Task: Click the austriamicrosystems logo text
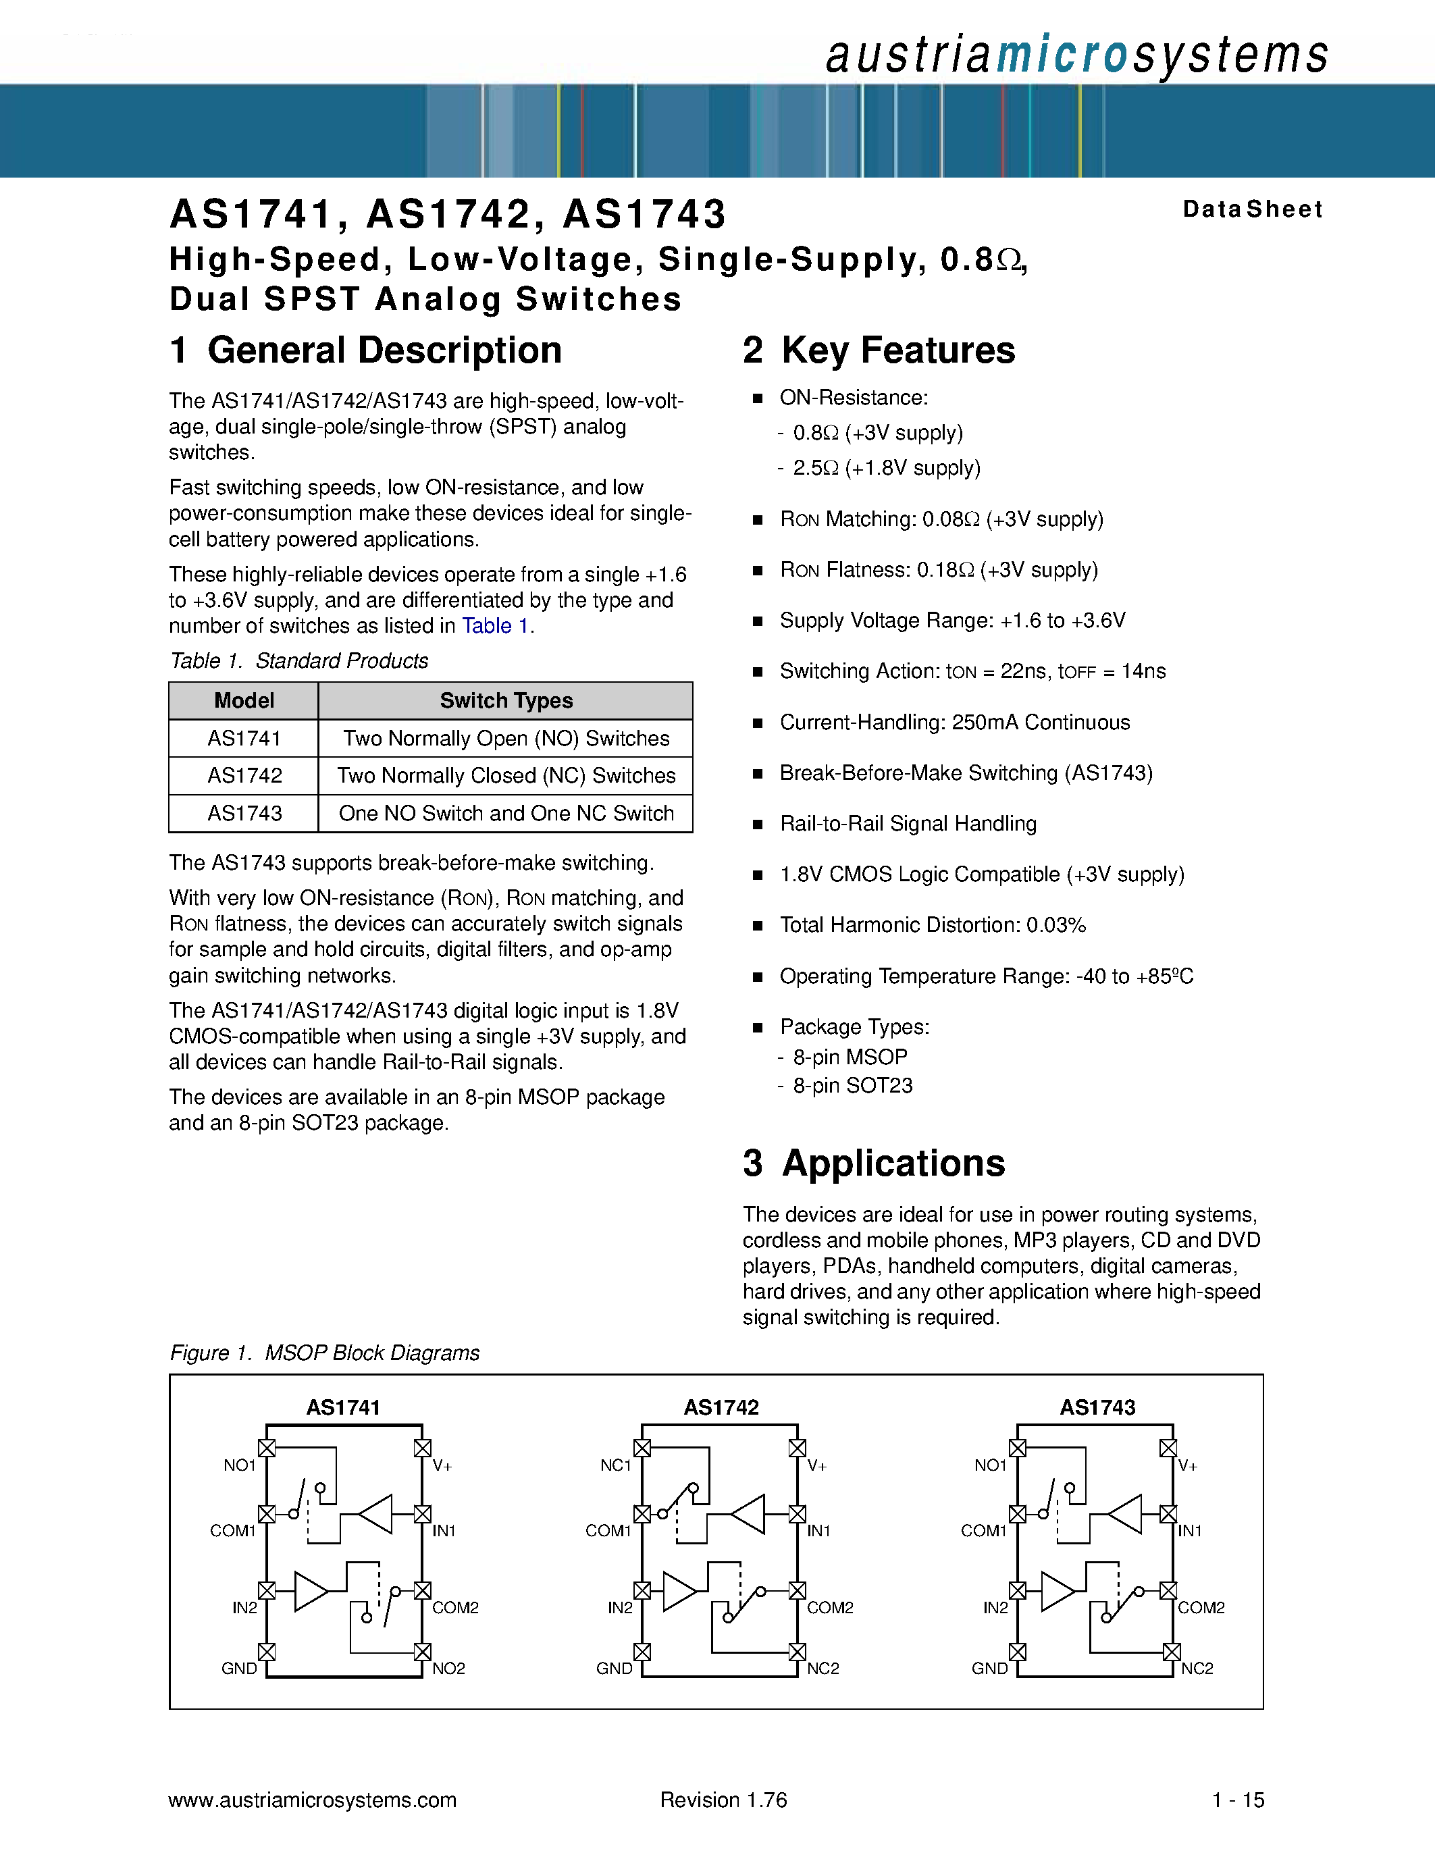point(1076,55)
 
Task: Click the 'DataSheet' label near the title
point(1252,209)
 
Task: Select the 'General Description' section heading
point(365,350)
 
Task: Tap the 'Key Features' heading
point(879,350)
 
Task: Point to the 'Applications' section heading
point(874,1163)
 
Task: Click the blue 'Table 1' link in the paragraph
point(496,626)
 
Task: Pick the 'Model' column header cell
point(244,701)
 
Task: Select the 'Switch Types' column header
point(506,701)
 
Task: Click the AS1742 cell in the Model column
point(244,775)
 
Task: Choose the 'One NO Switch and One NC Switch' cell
point(506,813)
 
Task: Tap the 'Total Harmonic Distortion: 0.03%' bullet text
point(933,925)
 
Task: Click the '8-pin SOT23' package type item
point(853,1086)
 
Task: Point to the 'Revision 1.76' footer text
point(723,1800)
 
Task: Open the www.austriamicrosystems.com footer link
point(313,1800)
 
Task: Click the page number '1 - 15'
point(1238,1800)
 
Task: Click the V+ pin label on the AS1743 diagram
point(1189,1466)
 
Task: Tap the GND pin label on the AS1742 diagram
point(614,1668)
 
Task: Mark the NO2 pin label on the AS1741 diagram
point(449,1668)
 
